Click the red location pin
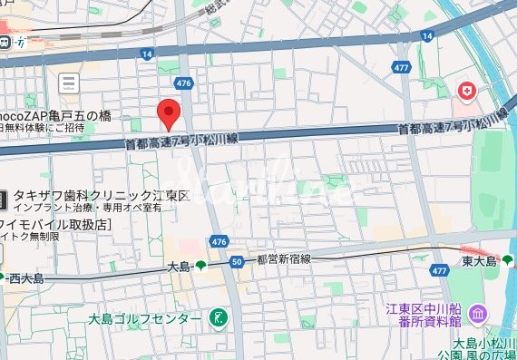click(x=168, y=113)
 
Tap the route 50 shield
click(x=237, y=262)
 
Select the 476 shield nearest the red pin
click(x=186, y=83)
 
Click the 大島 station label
click(x=180, y=267)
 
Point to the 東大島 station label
click(x=478, y=261)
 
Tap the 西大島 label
click(x=25, y=277)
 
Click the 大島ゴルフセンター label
click(x=145, y=318)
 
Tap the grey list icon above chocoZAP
click(x=68, y=84)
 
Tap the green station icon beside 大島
click(x=200, y=267)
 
